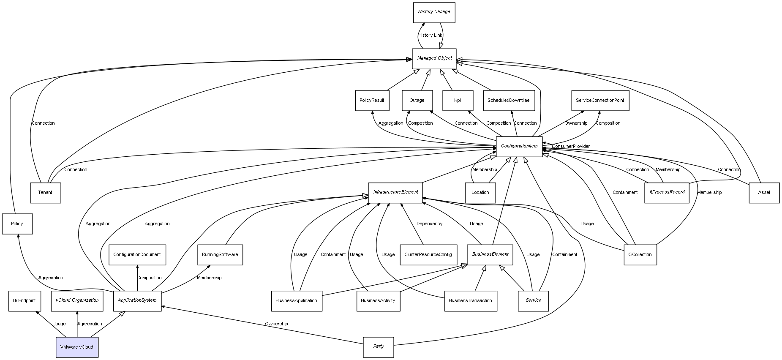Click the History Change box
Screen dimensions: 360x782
point(434,12)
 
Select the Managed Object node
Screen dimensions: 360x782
point(434,58)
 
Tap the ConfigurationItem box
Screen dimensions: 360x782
point(519,147)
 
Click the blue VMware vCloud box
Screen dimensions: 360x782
point(77,347)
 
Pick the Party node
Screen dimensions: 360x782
point(379,347)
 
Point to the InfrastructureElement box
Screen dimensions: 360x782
point(395,193)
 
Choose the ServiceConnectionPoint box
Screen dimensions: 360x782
point(600,101)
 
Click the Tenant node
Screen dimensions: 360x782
point(45,193)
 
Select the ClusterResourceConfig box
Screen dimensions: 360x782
point(428,255)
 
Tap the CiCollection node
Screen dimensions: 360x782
point(640,255)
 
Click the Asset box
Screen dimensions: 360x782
point(764,193)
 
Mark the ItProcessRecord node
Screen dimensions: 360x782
point(667,193)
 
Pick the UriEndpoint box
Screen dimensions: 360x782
point(24,301)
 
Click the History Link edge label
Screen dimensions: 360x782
point(430,35)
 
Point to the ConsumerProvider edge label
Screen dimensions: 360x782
point(571,147)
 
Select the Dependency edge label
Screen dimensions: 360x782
point(429,224)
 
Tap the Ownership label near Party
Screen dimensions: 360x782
point(276,324)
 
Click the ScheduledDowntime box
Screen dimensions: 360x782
point(509,101)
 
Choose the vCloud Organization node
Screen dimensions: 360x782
point(77,301)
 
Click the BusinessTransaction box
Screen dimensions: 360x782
point(470,301)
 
